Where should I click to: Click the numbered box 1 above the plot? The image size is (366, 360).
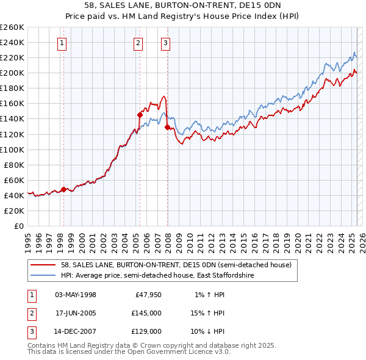[63, 43]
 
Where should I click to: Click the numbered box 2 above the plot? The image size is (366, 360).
[139, 43]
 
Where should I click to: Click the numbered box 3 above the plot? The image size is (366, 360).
[165, 43]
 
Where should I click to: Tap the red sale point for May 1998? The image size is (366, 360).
[63, 189]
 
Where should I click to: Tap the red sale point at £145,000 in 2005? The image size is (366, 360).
[140, 115]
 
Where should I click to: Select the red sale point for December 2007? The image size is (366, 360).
[167, 127]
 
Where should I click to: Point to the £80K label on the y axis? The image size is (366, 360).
[15, 165]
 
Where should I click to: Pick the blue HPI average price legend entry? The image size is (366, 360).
[157, 276]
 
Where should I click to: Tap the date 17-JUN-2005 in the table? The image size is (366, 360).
[76, 313]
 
